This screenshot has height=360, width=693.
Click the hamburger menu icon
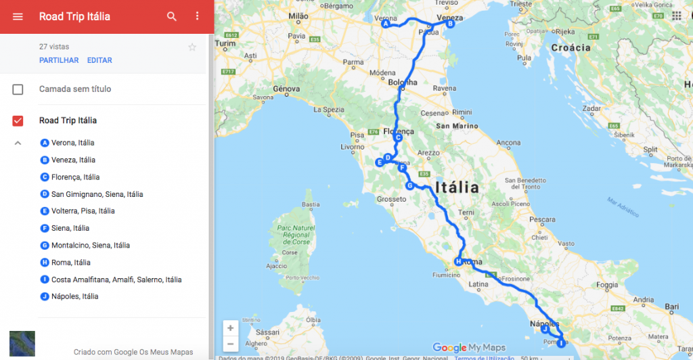coord(18,16)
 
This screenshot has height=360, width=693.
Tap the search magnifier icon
coord(172,16)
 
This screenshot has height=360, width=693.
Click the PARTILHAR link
coord(59,60)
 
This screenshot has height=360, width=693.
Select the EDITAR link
coord(99,60)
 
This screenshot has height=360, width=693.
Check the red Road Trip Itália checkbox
coord(18,121)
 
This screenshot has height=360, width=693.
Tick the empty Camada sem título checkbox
coord(18,89)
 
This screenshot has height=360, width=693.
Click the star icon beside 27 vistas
coord(192,47)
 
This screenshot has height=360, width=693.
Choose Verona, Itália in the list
coord(72,143)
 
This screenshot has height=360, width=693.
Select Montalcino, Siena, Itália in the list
coord(90,245)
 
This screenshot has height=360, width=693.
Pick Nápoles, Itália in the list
coord(74,296)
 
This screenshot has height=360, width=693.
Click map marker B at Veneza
coord(449,24)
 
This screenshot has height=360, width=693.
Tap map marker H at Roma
coord(458,262)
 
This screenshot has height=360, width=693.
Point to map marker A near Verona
coord(386,24)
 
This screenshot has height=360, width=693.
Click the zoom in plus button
coord(231,328)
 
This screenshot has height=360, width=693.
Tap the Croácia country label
coord(571,48)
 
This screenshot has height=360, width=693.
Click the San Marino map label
coord(457,126)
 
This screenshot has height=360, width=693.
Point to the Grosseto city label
coord(391,199)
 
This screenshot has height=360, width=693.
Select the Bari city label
coord(672,307)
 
